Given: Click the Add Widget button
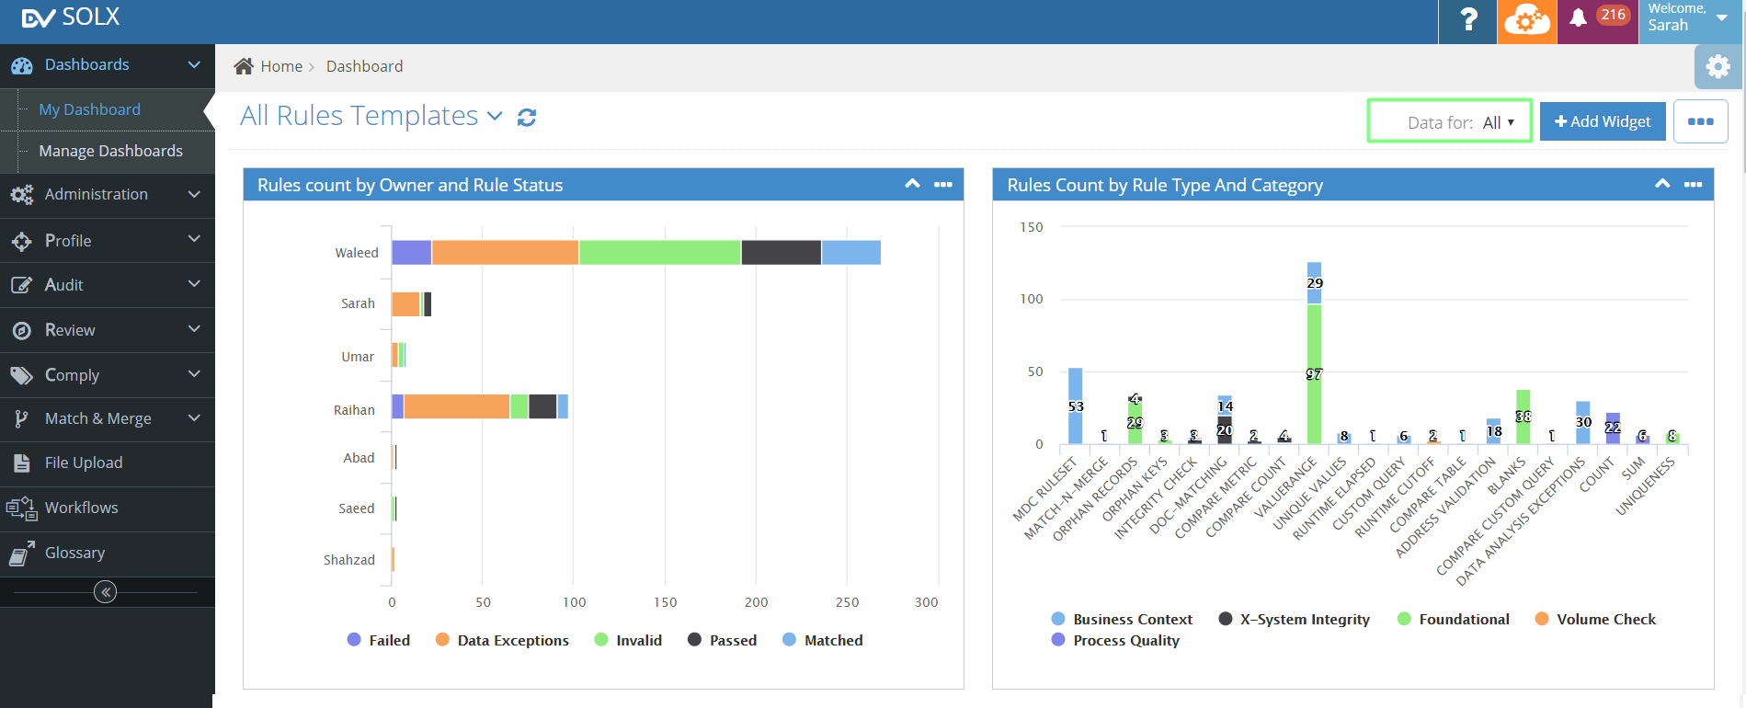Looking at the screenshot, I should click(x=1602, y=121).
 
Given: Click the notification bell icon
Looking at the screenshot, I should click(x=1578, y=18).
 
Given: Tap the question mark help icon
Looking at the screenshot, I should click(x=1468, y=20).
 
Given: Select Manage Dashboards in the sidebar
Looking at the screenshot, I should click(x=110, y=151).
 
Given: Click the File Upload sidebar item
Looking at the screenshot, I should click(x=83, y=462).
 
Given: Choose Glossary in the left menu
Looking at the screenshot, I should click(x=74, y=553).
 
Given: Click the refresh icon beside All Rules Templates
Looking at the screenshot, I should click(x=527, y=118).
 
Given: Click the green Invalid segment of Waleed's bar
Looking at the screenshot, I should click(x=659, y=252).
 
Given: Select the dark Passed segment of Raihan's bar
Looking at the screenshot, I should click(x=542, y=405).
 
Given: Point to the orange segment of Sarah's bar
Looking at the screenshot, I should click(x=405, y=303).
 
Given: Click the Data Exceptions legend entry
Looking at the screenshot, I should click(x=512, y=640).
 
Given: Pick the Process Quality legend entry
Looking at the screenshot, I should click(x=1125, y=640).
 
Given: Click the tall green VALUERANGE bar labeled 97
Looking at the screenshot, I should click(x=1314, y=386).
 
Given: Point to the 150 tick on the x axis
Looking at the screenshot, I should click(x=665, y=602).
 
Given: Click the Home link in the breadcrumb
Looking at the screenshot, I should click(x=280, y=66).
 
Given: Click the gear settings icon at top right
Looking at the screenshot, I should click(x=1717, y=66).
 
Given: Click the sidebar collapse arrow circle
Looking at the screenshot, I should click(x=106, y=592).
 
